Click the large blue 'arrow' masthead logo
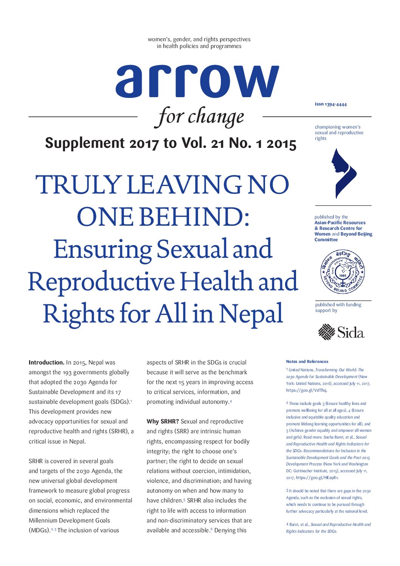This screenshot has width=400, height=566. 197,81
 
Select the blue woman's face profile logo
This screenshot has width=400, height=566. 345,173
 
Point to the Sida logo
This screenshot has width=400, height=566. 341,332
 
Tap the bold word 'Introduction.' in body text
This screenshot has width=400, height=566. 47,362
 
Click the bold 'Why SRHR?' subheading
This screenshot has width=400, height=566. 163,421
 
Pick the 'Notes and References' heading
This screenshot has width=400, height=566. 307,361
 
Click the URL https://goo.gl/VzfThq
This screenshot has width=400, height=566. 306,390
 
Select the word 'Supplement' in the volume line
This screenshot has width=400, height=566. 85,143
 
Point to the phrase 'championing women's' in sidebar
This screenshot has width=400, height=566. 337,127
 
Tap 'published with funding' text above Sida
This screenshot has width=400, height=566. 338,305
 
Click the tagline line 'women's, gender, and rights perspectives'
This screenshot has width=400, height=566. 199,39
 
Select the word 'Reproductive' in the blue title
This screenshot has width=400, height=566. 101,282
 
